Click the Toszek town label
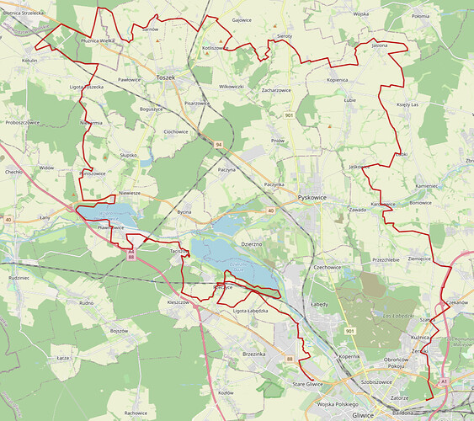167,77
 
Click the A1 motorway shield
444,381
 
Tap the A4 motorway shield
131,250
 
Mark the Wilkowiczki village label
231,87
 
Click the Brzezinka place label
253,354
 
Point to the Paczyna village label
226,170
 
